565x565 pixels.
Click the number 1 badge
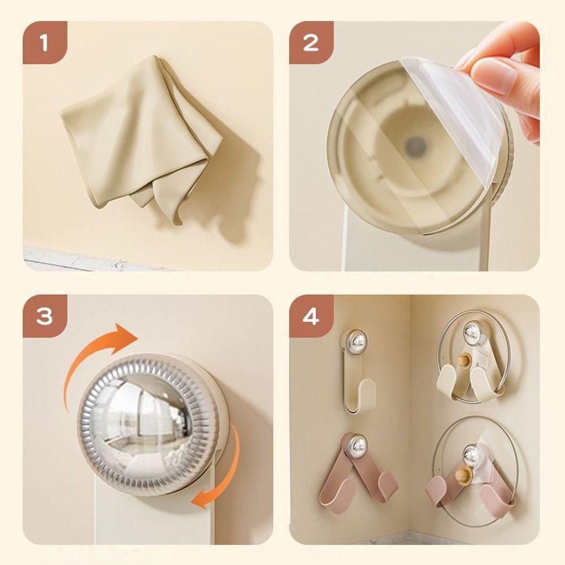coord(45,42)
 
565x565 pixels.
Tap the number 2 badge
coord(311,42)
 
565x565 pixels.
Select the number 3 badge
coord(45,316)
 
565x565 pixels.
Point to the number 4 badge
coord(311,316)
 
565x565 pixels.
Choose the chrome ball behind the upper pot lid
coord(473,332)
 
